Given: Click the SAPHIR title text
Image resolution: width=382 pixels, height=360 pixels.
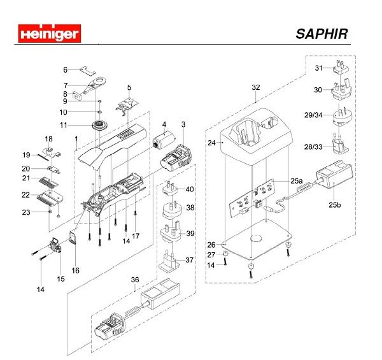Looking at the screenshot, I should coord(322,33).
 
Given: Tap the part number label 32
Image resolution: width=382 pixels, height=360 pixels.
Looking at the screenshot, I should coord(256,87).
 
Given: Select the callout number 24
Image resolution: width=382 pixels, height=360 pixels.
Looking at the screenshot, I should coord(211,143).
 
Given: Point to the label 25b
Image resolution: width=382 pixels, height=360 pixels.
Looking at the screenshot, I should coord(336,205).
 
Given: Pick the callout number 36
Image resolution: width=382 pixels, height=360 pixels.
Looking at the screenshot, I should coord(134,278).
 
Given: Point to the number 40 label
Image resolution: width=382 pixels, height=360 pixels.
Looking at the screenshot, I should coord(190,189).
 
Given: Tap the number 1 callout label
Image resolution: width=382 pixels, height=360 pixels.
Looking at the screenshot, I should coord(76,138).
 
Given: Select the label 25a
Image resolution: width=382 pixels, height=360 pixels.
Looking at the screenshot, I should coord(296,181).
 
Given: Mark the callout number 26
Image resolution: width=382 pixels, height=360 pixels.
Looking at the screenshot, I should coord(211,244).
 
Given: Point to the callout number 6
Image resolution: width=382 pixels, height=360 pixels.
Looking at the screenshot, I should coord(65,69).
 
